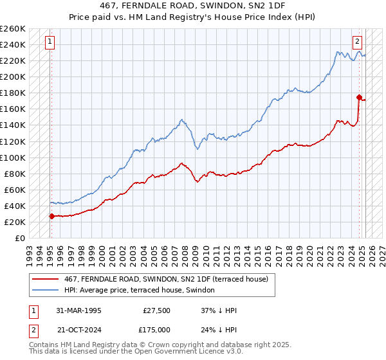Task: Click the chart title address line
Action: coord(192,6)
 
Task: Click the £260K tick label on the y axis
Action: coord(13,29)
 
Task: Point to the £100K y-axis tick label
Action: coord(13,157)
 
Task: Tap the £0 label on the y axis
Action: coord(20,238)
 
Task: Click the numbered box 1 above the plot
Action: coord(50,42)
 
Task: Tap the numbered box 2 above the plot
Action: coord(357,42)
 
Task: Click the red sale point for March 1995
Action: coord(51,216)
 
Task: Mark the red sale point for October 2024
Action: coord(359,97)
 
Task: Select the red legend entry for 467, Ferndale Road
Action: coord(170,278)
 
